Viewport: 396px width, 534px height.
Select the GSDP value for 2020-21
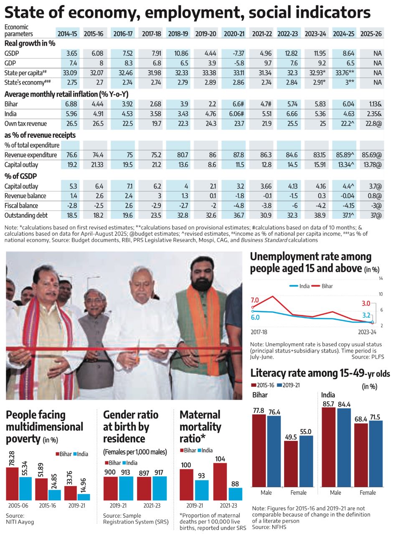(234, 54)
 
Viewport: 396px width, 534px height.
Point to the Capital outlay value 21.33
(96, 164)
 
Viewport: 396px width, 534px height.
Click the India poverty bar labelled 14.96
(84, 497)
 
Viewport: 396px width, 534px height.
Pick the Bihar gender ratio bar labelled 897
(144, 488)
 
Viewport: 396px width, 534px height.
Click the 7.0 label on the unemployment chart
(255, 300)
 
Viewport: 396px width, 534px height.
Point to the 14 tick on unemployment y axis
(381, 278)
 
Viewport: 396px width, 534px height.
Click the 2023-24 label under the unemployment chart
(367, 332)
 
